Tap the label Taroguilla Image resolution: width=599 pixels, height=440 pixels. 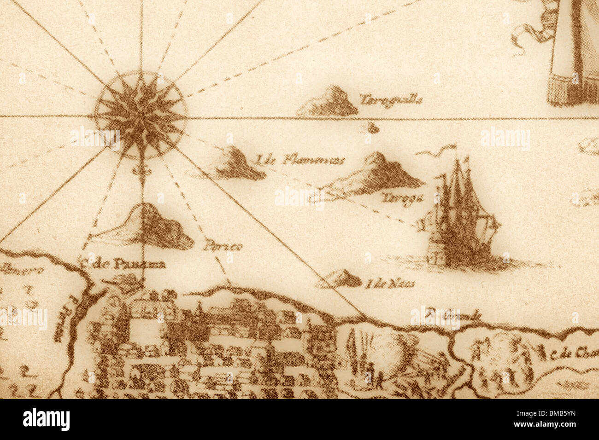point(391,100)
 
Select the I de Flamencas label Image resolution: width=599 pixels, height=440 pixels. point(300,160)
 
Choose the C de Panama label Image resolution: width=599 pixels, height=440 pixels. point(122,264)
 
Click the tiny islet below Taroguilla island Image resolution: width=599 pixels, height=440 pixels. point(371,128)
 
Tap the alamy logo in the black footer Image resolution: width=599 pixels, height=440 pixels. point(46,419)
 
